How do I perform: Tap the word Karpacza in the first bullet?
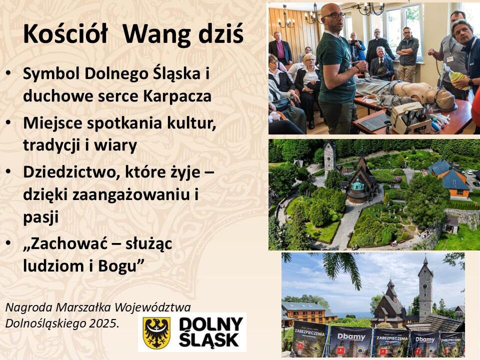pos(177,96)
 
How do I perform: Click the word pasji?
pos(40,217)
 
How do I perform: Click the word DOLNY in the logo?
pos(211,324)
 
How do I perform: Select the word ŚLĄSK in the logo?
pos(209,340)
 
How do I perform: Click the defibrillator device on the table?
pos(407,117)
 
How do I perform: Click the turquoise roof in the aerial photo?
pos(358,184)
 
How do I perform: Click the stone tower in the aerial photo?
pos(329,159)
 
